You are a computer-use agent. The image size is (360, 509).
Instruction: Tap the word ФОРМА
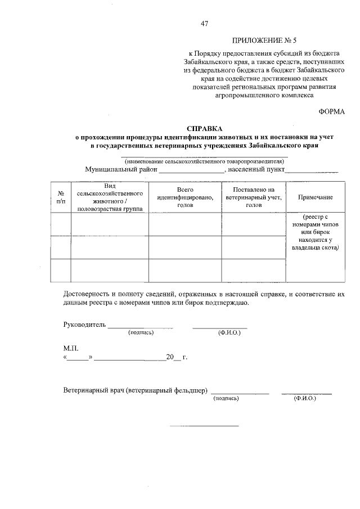click(x=332, y=111)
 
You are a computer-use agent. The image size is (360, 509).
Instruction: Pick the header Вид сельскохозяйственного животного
click(x=110, y=197)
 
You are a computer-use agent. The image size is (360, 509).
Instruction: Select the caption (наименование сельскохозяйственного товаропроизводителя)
click(x=204, y=160)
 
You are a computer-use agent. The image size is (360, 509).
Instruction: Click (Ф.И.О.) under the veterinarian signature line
click(x=305, y=398)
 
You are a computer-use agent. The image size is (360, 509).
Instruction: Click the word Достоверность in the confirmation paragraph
click(x=86, y=294)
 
